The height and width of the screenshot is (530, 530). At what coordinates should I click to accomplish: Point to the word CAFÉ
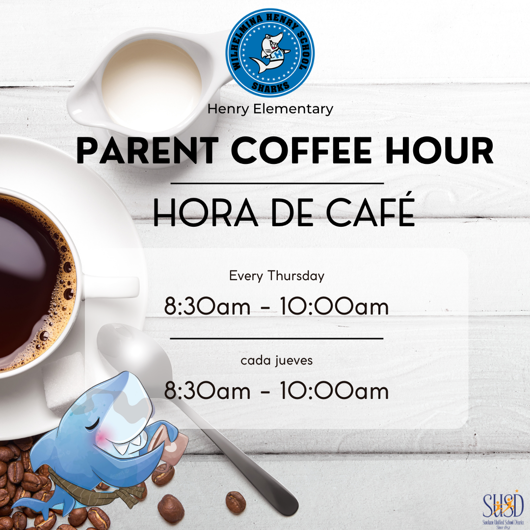[x=372, y=212]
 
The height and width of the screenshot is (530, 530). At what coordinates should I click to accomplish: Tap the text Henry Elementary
[x=270, y=108]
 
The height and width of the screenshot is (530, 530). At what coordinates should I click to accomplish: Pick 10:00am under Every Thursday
[x=334, y=307]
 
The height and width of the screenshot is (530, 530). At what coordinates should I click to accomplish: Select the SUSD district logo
[x=503, y=505]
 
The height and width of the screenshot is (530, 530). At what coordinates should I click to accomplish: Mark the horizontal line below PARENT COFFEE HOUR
[x=276, y=183]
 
